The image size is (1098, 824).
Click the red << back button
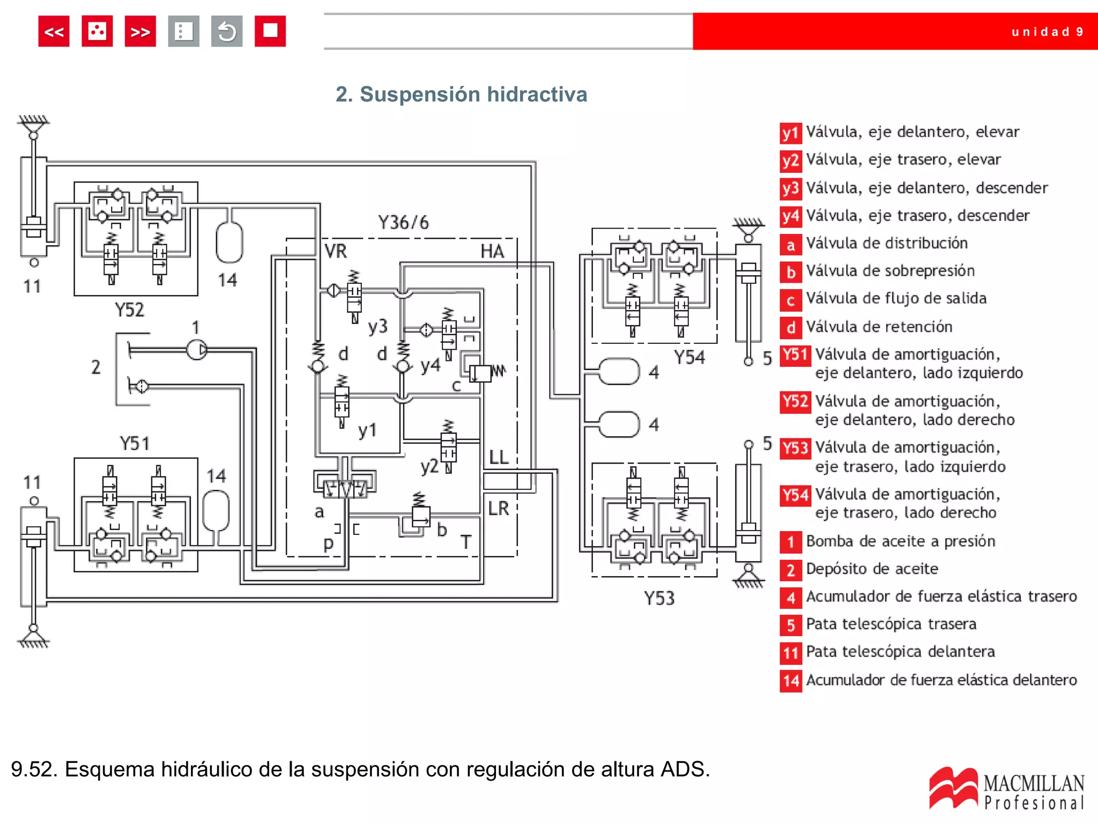(x=54, y=32)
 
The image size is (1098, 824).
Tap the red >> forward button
(x=140, y=32)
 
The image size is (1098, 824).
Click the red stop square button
(x=270, y=32)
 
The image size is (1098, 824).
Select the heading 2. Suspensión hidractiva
(x=461, y=94)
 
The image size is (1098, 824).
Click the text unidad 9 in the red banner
(x=1047, y=32)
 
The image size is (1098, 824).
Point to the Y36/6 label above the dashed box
(x=403, y=222)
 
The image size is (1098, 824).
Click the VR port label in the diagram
(x=336, y=251)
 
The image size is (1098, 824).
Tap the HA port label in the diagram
(x=492, y=251)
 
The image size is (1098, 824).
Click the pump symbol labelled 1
(x=197, y=350)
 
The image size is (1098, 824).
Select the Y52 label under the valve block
(x=129, y=310)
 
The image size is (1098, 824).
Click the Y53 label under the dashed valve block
(x=659, y=598)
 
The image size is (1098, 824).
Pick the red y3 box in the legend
(x=790, y=188)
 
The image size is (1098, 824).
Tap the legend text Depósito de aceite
(x=872, y=569)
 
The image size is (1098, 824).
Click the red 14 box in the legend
(x=791, y=681)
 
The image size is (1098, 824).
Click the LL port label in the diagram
(x=499, y=457)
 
